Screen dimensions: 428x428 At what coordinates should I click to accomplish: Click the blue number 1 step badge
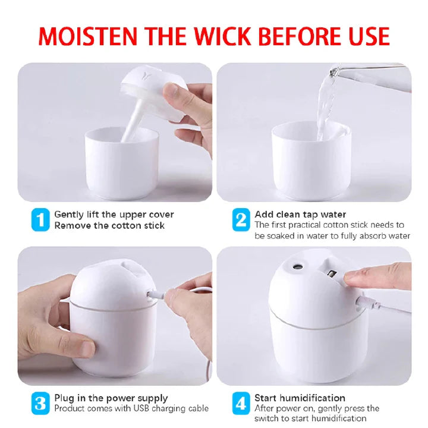39,220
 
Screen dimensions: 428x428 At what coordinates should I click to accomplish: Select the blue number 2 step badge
240,220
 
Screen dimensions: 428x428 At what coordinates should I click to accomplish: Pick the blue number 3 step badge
39,403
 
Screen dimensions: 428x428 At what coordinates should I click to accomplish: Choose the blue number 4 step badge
240,403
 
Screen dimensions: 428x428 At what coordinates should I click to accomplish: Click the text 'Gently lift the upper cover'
114,214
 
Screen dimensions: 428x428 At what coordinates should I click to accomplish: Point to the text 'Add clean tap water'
300,214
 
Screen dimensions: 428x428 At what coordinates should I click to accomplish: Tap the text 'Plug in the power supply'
111,398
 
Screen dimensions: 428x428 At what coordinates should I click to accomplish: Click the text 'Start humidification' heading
300,398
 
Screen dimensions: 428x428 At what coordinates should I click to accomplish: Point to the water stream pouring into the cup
326,107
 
